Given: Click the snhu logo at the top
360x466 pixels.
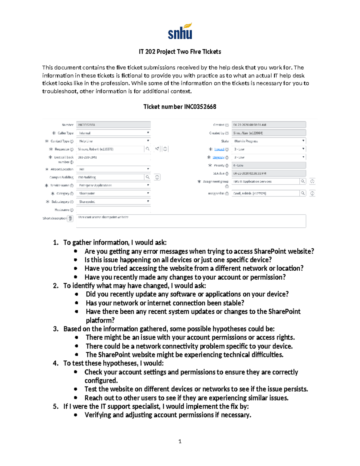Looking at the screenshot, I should [x=180, y=31].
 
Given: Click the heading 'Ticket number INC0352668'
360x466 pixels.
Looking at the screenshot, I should [x=180, y=107].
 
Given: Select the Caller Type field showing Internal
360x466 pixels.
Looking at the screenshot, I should [x=113, y=133].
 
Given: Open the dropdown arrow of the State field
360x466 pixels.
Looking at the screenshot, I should [x=303, y=141].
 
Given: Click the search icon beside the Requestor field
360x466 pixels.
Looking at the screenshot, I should [x=147, y=149].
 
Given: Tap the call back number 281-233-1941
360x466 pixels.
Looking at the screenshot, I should [x=87, y=157].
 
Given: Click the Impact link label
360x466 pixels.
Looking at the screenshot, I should [x=219, y=149].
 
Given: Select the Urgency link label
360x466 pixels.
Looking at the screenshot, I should [x=218, y=157].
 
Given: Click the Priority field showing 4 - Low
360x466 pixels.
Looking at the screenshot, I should [x=268, y=165].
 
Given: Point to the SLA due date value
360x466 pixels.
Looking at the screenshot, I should [x=250, y=173].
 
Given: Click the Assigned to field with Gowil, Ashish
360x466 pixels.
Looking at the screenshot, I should [x=265, y=194].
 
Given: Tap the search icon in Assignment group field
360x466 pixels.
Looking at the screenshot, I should [x=303, y=181].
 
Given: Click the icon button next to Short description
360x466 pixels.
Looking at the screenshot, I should [x=70, y=218].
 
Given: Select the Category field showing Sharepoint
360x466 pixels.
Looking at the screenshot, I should [x=113, y=194].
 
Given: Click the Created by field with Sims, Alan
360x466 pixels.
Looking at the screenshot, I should [x=268, y=133].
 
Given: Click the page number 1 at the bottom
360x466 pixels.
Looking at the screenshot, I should [x=180, y=441].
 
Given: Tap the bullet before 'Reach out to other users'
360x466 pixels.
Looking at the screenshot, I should [x=76, y=398].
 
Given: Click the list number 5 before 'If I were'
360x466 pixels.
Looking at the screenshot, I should [x=55, y=407].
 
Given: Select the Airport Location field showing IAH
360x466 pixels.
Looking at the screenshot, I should [x=113, y=169].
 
